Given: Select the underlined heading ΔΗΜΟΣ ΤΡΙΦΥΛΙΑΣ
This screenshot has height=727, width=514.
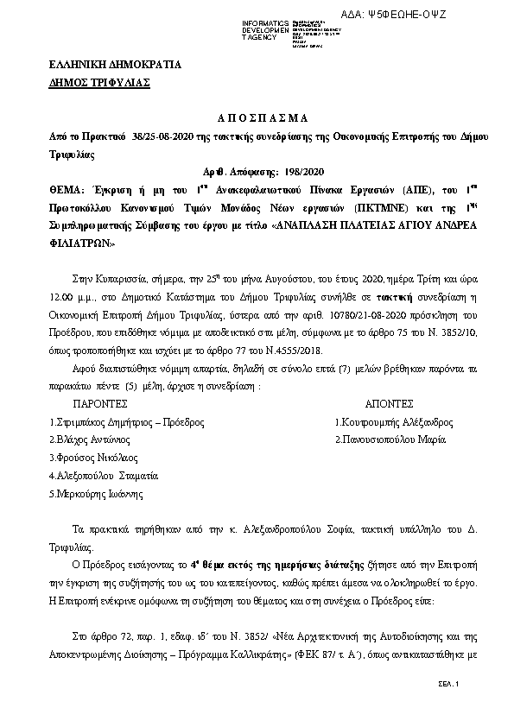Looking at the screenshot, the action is pyautogui.click(x=98, y=82).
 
